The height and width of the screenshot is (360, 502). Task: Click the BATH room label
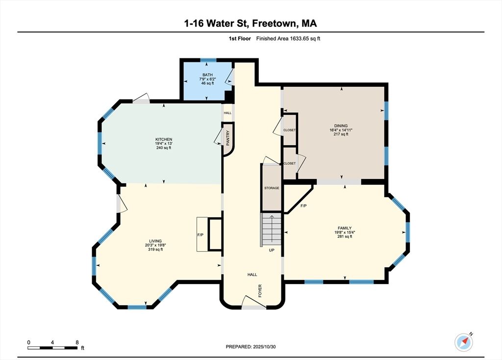tap(207, 75)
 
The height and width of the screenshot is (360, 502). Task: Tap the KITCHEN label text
tap(164, 139)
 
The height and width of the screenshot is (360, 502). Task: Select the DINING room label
tap(341, 126)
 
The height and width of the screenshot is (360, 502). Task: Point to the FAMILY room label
tap(345, 229)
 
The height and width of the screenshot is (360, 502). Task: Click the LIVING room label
tap(155, 241)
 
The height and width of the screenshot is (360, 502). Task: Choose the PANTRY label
tap(228, 138)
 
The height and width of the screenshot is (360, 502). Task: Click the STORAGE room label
tap(272, 188)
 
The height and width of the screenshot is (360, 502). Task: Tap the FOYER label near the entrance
tap(260, 290)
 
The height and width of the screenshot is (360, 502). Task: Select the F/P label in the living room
tap(201, 235)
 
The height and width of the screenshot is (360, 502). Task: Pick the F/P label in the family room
tap(303, 206)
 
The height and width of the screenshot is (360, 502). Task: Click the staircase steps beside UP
tap(272, 230)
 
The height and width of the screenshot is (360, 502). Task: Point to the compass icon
tap(464, 342)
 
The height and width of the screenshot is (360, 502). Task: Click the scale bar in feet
tap(52, 348)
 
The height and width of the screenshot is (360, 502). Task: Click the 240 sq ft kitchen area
tap(164, 148)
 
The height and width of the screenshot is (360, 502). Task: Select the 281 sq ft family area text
tap(345, 237)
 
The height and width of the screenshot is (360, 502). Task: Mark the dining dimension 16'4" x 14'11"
tap(341, 130)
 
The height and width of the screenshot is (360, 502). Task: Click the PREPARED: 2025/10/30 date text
tap(251, 347)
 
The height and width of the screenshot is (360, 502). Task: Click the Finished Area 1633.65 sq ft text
tap(288, 38)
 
